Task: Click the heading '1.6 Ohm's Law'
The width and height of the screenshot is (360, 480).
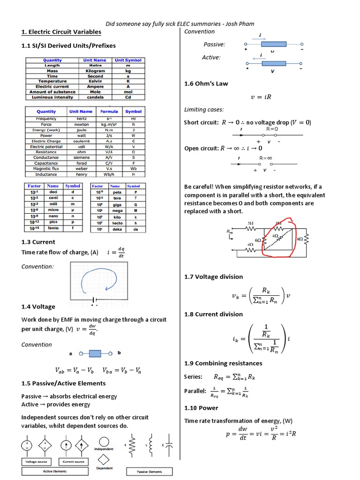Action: (206, 83)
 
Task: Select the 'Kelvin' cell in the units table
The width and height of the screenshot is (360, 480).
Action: (95, 81)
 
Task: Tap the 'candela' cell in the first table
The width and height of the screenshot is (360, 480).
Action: (95, 97)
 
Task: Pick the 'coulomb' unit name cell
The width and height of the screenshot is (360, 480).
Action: (81, 141)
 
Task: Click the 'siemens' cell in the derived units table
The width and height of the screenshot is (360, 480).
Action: (81, 157)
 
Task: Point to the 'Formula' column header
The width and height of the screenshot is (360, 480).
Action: (109, 112)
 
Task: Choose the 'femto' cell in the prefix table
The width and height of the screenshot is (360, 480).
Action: (53, 228)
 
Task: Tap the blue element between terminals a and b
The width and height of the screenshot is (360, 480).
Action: (95, 353)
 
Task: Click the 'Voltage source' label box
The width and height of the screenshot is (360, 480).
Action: (35, 462)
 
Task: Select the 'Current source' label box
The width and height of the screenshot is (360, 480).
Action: (73, 462)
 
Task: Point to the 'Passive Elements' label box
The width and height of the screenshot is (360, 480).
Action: (150, 471)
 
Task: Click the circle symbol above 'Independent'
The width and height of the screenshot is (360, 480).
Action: (104, 442)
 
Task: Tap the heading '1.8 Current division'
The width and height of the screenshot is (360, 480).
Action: (214, 314)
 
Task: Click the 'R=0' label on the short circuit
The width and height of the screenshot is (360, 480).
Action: (272, 128)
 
